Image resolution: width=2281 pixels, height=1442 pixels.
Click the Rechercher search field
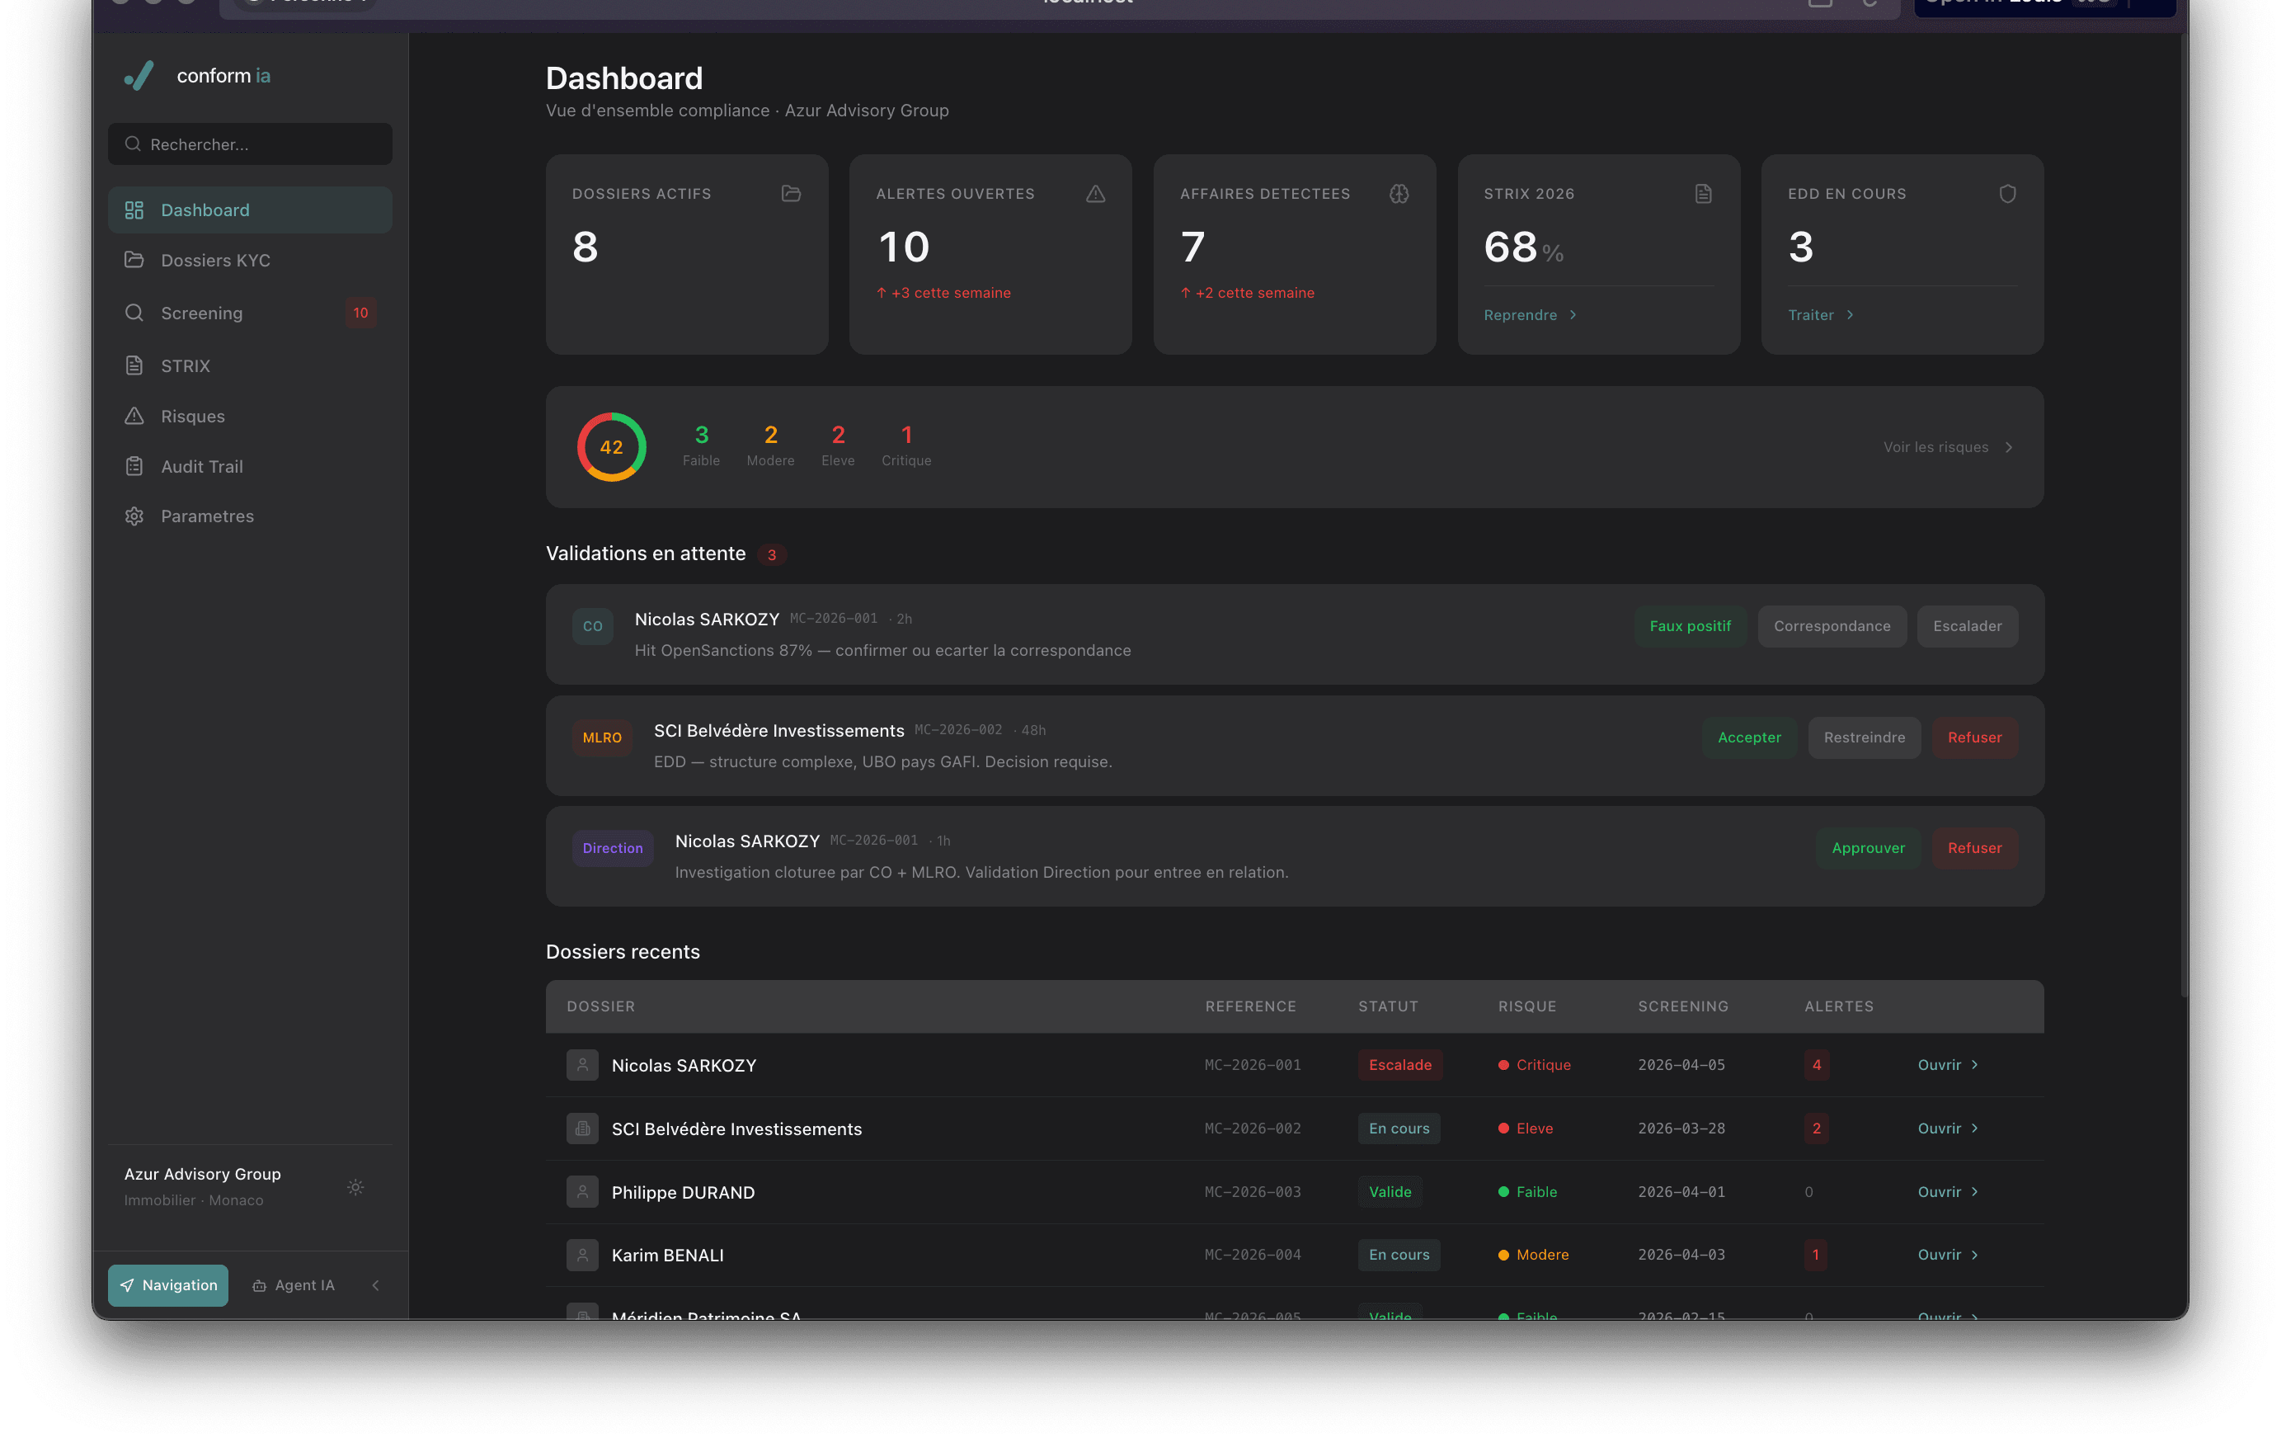click(250, 144)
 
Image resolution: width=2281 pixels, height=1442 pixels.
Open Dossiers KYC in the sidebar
click(215, 261)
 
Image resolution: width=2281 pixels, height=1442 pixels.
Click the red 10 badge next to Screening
click(360, 313)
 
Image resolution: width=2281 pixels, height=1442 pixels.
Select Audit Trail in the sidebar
click(202, 466)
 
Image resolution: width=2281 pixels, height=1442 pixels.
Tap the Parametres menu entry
click(206, 516)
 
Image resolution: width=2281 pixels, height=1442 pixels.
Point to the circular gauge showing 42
click(611, 447)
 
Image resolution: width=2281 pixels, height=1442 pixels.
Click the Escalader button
click(1967, 626)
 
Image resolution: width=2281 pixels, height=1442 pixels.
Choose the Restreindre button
click(1863, 737)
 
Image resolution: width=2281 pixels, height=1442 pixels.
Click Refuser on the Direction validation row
click(1974, 848)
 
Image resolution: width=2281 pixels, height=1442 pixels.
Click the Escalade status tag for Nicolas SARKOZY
click(1399, 1065)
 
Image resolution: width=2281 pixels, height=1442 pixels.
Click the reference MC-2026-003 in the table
click(1253, 1192)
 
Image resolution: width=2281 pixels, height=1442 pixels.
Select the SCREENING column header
click(1682, 1006)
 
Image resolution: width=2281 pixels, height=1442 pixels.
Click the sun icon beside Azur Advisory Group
click(355, 1187)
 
